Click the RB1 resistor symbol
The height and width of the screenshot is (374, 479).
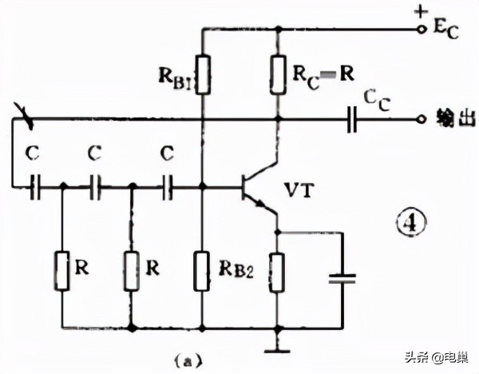coord(202,74)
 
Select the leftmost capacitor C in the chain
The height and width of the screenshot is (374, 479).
coord(35,188)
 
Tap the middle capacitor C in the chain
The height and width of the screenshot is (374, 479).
coord(97,188)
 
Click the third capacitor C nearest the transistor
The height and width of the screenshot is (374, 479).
coord(168,188)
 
